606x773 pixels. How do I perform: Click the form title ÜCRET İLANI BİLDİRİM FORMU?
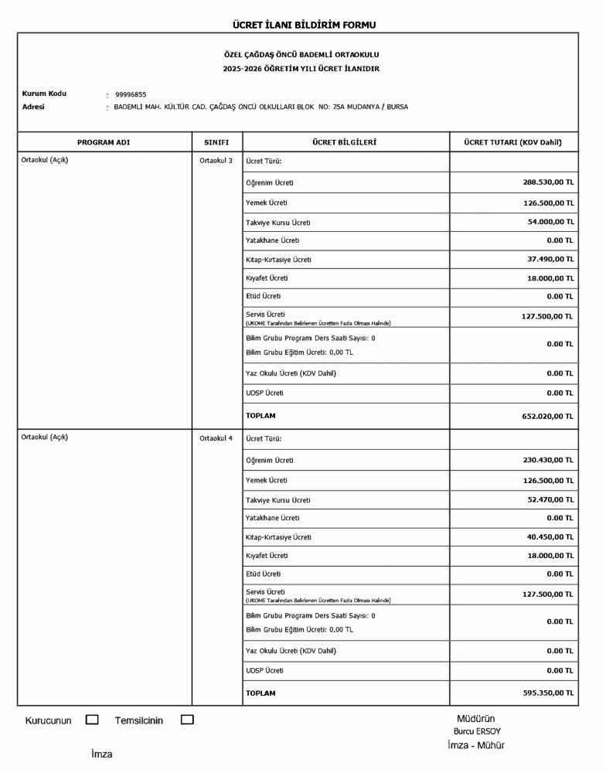pyautogui.click(x=304, y=25)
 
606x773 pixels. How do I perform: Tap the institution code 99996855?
pyautogui.click(x=131, y=94)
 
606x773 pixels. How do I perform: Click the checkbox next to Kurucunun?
pyautogui.click(x=92, y=720)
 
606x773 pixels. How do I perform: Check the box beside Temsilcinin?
pyautogui.click(x=187, y=720)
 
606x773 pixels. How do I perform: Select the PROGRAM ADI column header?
pyautogui.click(x=104, y=142)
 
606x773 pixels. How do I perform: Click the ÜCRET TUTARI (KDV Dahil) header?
pyautogui.click(x=512, y=142)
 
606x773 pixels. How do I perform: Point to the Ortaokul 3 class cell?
pyautogui.click(x=216, y=161)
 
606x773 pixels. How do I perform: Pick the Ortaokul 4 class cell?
pyautogui.click(x=216, y=438)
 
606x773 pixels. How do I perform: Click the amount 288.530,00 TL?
pyautogui.click(x=548, y=183)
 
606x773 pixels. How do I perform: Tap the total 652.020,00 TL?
pyautogui.click(x=547, y=416)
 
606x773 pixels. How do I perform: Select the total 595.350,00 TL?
pyautogui.click(x=547, y=693)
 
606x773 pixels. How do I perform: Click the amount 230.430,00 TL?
pyautogui.click(x=548, y=460)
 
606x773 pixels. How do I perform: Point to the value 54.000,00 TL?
pyautogui.click(x=550, y=222)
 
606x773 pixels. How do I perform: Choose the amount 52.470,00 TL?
pyautogui.click(x=550, y=499)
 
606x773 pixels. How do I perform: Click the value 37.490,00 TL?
pyautogui.click(x=550, y=259)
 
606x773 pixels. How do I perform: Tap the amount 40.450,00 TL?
pyautogui.click(x=550, y=536)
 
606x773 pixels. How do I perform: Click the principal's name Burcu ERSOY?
pyautogui.click(x=477, y=731)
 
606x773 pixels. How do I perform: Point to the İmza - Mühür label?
pyautogui.click(x=475, y=745)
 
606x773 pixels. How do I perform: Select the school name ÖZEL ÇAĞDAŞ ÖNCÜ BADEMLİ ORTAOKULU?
pyautogui.click(x=301, y=55)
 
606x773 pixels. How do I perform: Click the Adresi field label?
pyautogui.click(x=33, y=107)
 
